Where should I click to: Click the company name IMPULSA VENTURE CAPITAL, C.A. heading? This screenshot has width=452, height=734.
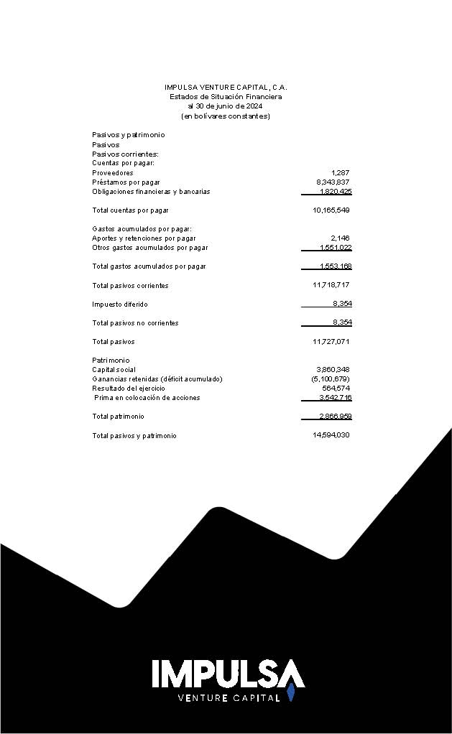(226, 87)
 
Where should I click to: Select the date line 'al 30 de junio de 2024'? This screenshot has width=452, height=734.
(226, 106)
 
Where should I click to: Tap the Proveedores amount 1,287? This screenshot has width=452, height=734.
(340, 173)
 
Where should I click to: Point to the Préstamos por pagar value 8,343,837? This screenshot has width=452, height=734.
(333, 182)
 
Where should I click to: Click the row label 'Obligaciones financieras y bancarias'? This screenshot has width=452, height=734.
(151, 192)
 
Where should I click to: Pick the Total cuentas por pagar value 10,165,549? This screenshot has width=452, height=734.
(331, 210)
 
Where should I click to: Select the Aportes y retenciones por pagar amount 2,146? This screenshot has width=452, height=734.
(340, 238)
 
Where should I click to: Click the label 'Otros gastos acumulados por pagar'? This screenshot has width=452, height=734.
(149, 248)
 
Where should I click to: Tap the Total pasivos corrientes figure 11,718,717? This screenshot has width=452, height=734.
(331, 286)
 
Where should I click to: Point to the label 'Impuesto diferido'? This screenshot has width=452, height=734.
(120, 305)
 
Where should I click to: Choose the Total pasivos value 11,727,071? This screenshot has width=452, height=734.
(331, 342)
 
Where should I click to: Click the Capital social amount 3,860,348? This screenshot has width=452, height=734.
(333, 370)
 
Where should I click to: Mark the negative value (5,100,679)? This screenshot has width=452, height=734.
(331, 379)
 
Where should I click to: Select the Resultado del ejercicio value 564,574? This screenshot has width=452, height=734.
(336, 389)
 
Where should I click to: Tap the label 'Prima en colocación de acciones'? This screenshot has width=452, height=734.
(147, 398)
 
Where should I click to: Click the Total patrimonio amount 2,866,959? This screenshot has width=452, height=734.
(335, 417)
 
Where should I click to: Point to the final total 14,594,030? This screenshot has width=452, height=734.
(331, 436)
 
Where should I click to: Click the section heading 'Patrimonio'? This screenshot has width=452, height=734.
(111, 361)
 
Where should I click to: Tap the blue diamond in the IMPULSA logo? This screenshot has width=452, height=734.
(291, 693)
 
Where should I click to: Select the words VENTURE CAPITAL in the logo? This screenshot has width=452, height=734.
(229, 698)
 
